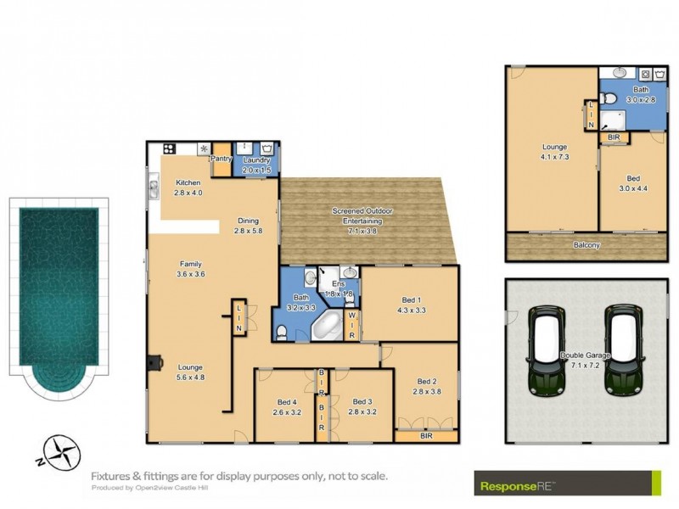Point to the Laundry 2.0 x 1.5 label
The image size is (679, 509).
click(256, 165)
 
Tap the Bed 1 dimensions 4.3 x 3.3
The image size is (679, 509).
click(412, 310)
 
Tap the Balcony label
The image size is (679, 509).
click(585, 245)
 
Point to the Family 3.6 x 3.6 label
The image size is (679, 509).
click(190, 268)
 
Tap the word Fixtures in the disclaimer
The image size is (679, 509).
click(112, 476)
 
